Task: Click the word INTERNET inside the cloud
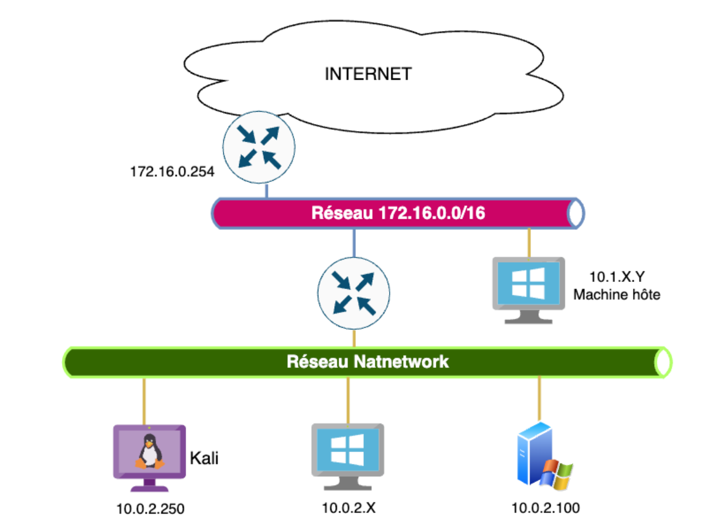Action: [x=368, y=74]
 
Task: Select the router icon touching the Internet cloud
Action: [x=259, y=147]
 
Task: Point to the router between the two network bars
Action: [x=353, y=293]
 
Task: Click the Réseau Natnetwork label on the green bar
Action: [x=367, y=362]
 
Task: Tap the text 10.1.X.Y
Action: [x=616, y=276]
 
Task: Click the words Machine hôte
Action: [x=617, y=294]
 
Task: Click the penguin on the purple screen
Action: [x=149, y=452]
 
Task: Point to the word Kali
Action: [x=204, y=457]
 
